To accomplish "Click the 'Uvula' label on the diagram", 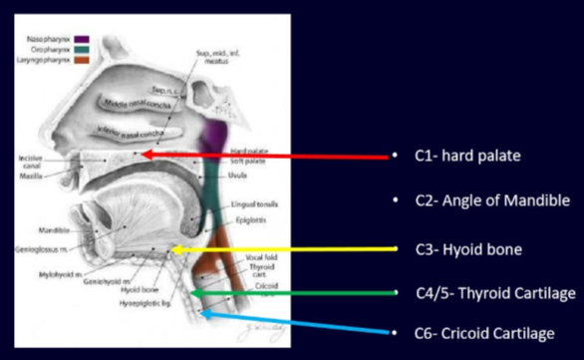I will tap(264, 176).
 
